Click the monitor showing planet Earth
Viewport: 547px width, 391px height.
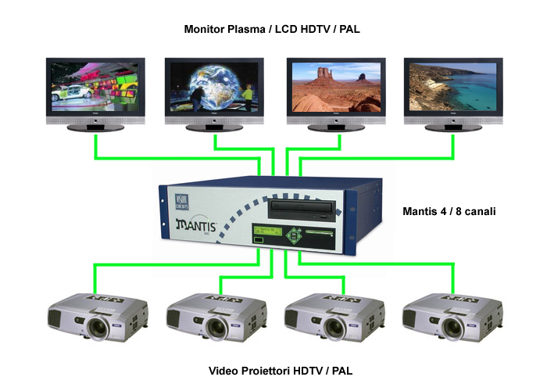click(213, 87)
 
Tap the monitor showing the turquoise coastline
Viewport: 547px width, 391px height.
click(452, 87)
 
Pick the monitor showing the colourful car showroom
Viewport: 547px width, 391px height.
click(95, 87)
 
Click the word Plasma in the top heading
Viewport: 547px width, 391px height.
click(248, 29)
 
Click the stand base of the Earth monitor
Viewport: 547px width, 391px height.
click(213, 127)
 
